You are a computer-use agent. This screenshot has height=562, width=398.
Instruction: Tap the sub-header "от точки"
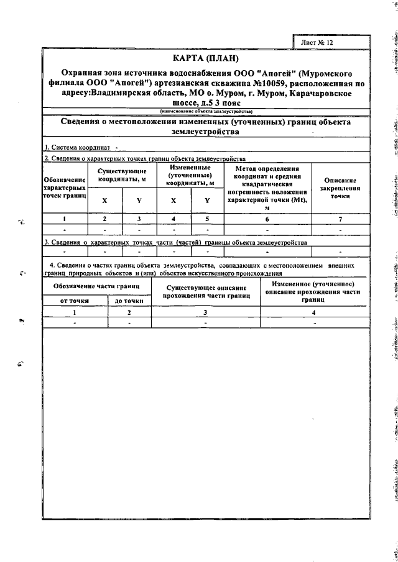tap(75, 301)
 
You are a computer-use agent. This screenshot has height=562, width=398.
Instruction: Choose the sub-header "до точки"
tap(129, 301)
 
